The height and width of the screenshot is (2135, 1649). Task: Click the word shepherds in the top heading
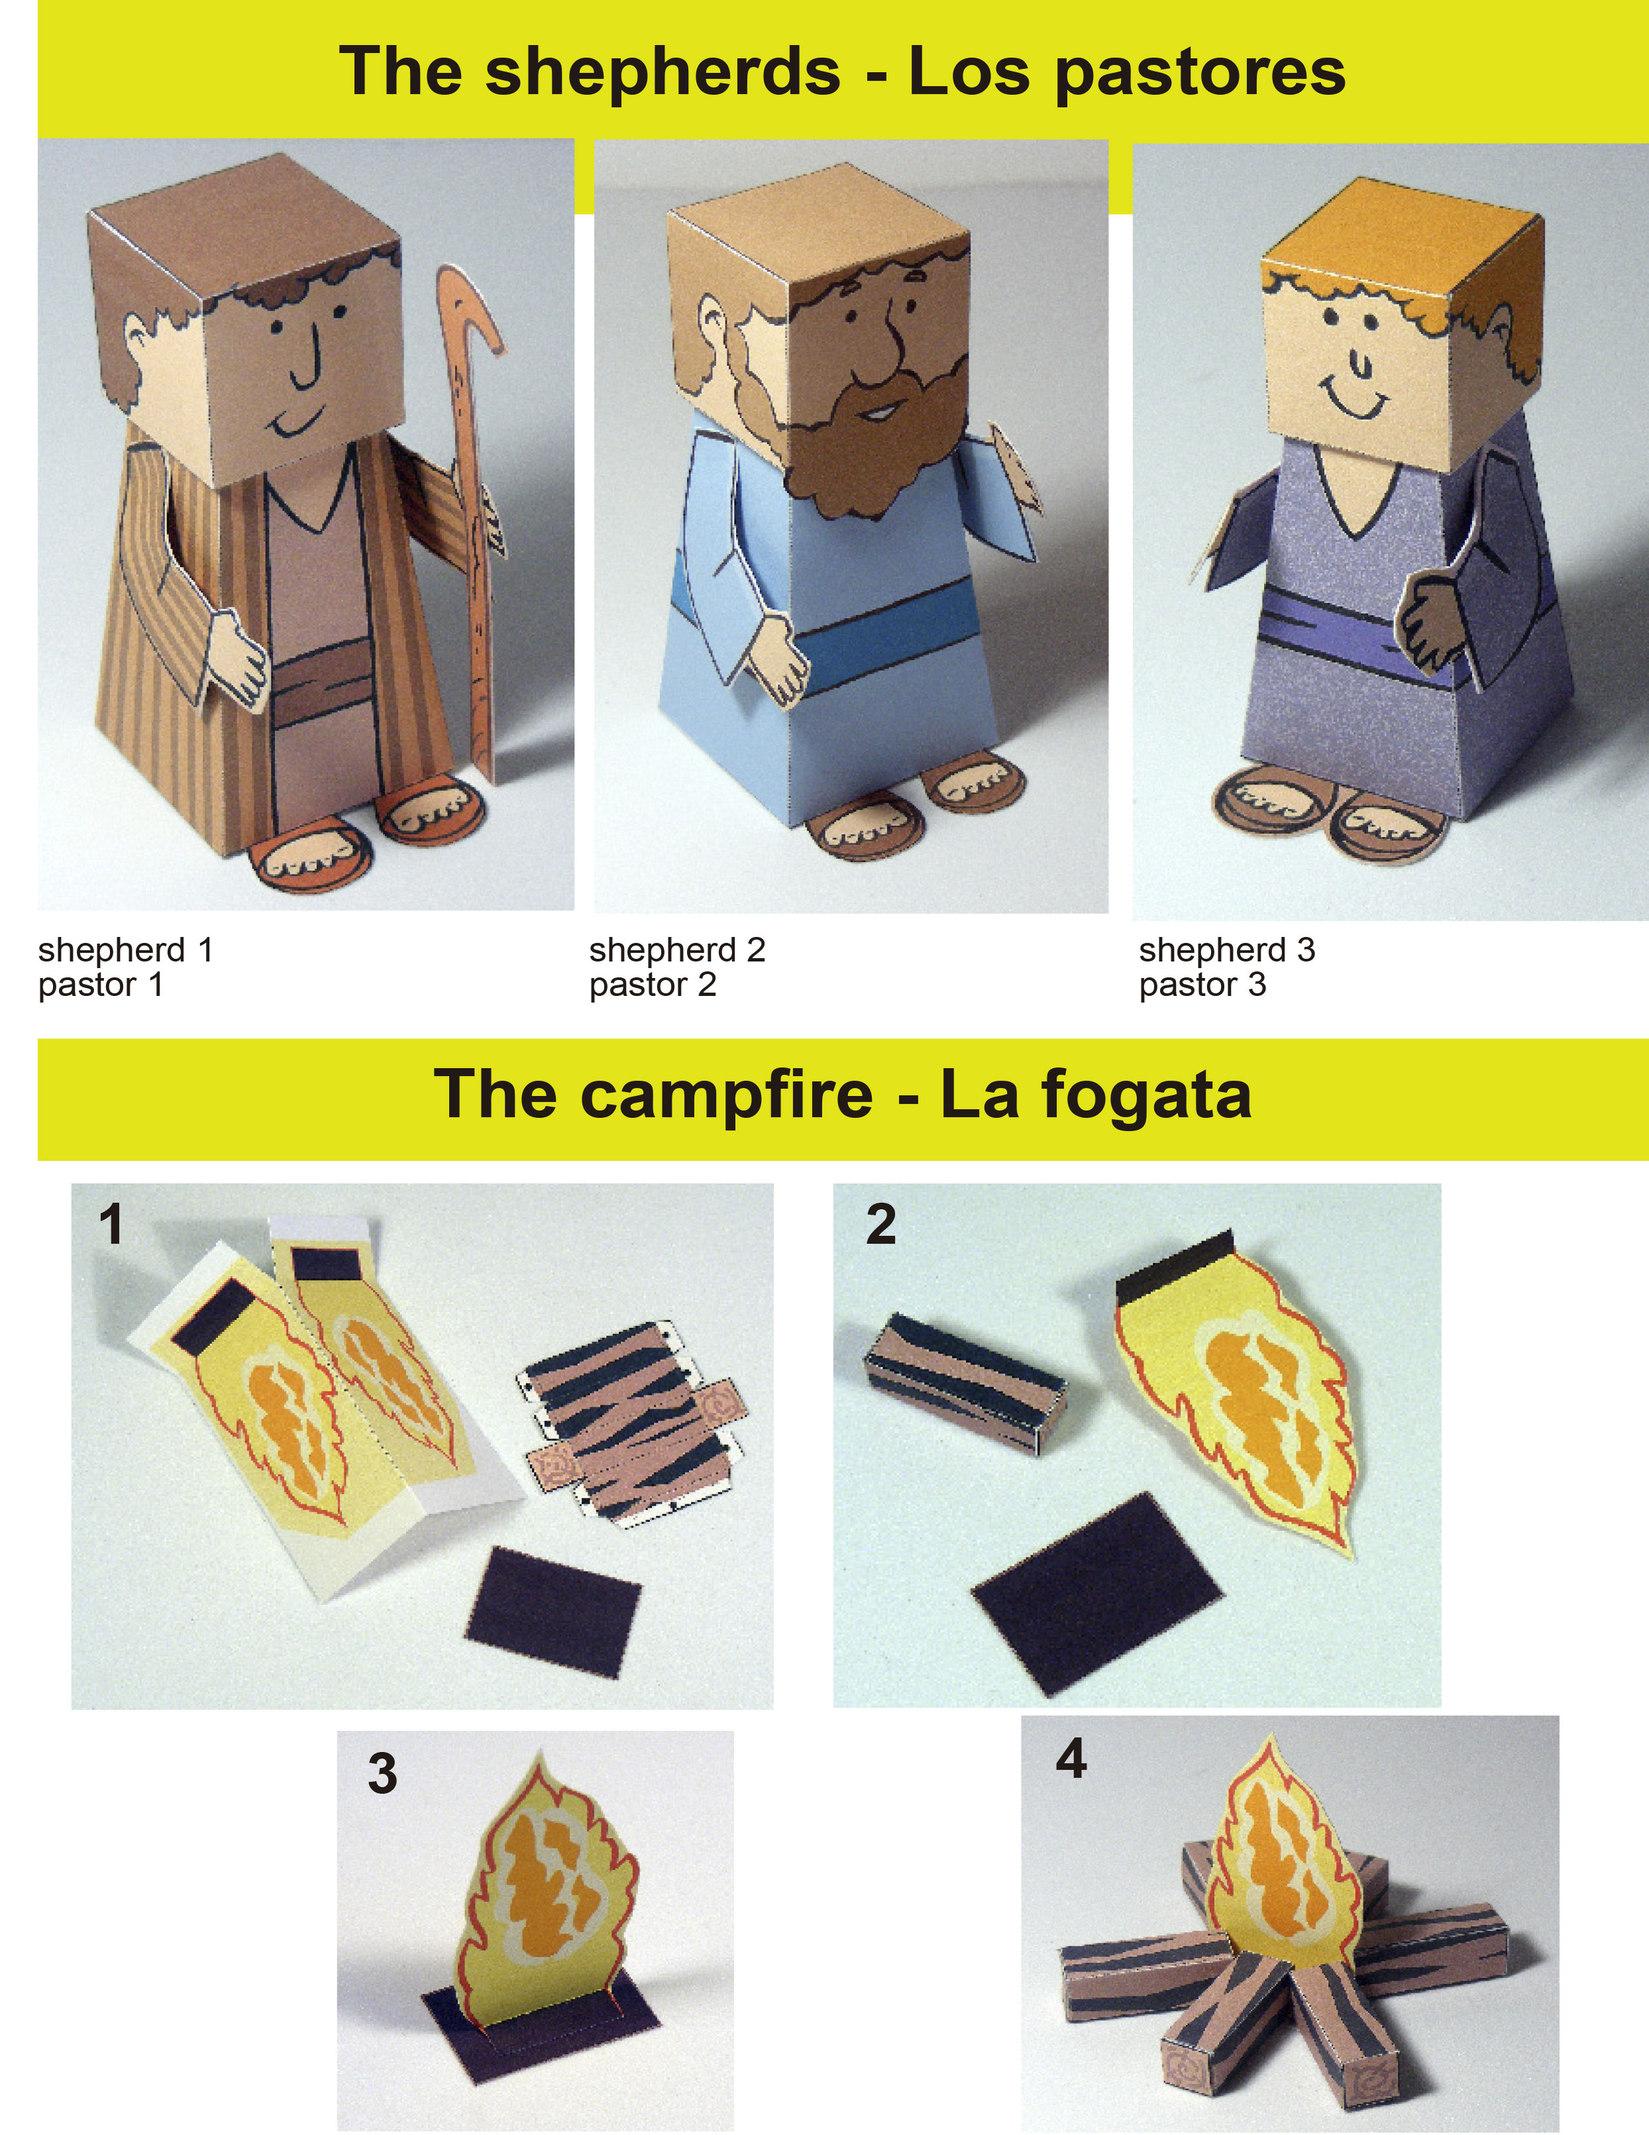point(662,72)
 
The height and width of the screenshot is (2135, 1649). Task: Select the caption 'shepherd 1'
point(125,949)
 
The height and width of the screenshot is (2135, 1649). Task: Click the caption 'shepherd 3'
point(1227,949)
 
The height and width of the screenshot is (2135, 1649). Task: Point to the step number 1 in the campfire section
point(113,1224)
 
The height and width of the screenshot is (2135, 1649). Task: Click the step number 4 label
point(1071,1759)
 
